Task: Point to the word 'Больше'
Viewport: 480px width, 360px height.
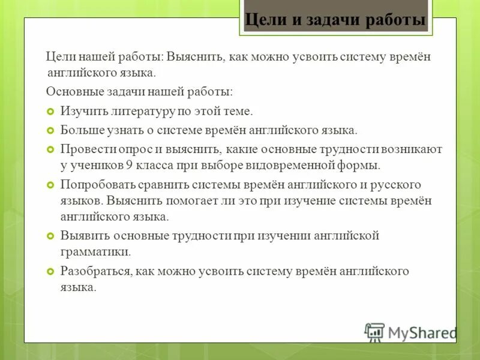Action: point(79,130)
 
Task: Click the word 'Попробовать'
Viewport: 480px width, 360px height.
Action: point(94,184)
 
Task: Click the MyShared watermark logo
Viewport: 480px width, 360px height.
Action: point(411,332)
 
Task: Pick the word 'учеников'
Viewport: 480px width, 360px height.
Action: point(92,165)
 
